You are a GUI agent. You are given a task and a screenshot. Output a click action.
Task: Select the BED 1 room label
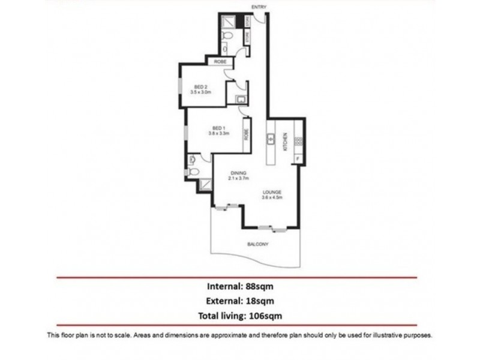pos(218,127)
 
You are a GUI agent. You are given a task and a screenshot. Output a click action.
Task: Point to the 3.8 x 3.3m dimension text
pos(218,133)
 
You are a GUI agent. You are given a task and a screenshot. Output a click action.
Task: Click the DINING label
pos(238,173)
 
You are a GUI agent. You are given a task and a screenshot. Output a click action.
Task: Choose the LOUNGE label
pos(272,193)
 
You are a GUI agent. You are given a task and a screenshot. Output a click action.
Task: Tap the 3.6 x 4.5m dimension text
pos(272,198)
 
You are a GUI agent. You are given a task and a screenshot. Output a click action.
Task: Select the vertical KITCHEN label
pos(287,141)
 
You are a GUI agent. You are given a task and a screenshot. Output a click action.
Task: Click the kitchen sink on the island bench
pos(271,139)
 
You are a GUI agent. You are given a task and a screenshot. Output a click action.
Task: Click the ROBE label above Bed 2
pos(219,61)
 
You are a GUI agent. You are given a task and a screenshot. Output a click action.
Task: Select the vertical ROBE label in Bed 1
pos(246,136)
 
